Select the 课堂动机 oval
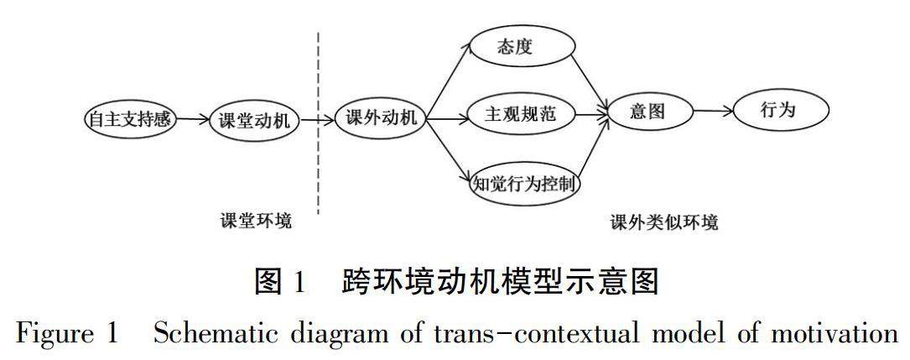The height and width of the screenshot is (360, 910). (x=253, y=120)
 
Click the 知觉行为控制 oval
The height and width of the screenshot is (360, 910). (x=525, y=181)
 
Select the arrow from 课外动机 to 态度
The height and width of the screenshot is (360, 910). (x=448, y=80)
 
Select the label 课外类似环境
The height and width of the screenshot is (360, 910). (x=664, y=223)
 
